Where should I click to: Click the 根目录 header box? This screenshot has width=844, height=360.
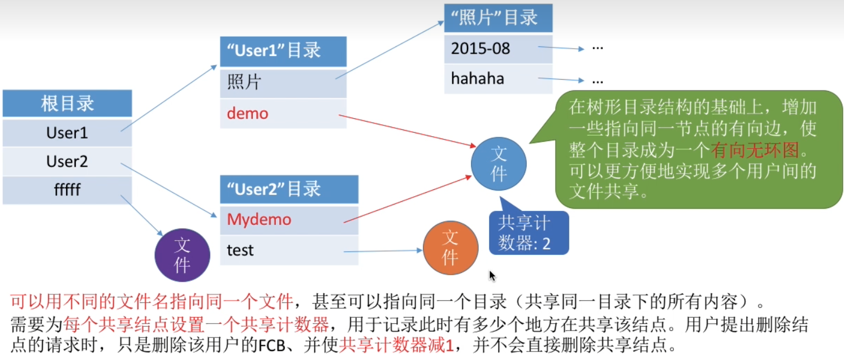click(67, 103)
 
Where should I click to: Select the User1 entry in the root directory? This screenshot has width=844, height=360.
click(67, 133)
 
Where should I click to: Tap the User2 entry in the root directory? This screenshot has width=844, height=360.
click(67, 162)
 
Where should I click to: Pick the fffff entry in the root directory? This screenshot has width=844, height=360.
click(67, 190)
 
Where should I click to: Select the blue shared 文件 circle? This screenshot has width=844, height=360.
click(499, 164)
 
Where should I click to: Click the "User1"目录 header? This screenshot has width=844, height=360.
click(283, 51)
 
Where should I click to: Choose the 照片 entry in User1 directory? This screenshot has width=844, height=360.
click(283, 83)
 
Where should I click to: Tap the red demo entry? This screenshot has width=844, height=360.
click(283, 114)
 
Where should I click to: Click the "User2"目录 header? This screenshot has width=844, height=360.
click(289, 189)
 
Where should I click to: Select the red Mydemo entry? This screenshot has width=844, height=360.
click(289, 219)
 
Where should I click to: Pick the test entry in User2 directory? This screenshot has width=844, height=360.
click(289, 250)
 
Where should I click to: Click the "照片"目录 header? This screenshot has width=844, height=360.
click(498, 18)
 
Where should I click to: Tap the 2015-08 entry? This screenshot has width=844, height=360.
click(498, 48)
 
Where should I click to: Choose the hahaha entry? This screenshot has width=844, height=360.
click(498, 78)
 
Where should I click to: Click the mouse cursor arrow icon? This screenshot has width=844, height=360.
click(492, 275)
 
